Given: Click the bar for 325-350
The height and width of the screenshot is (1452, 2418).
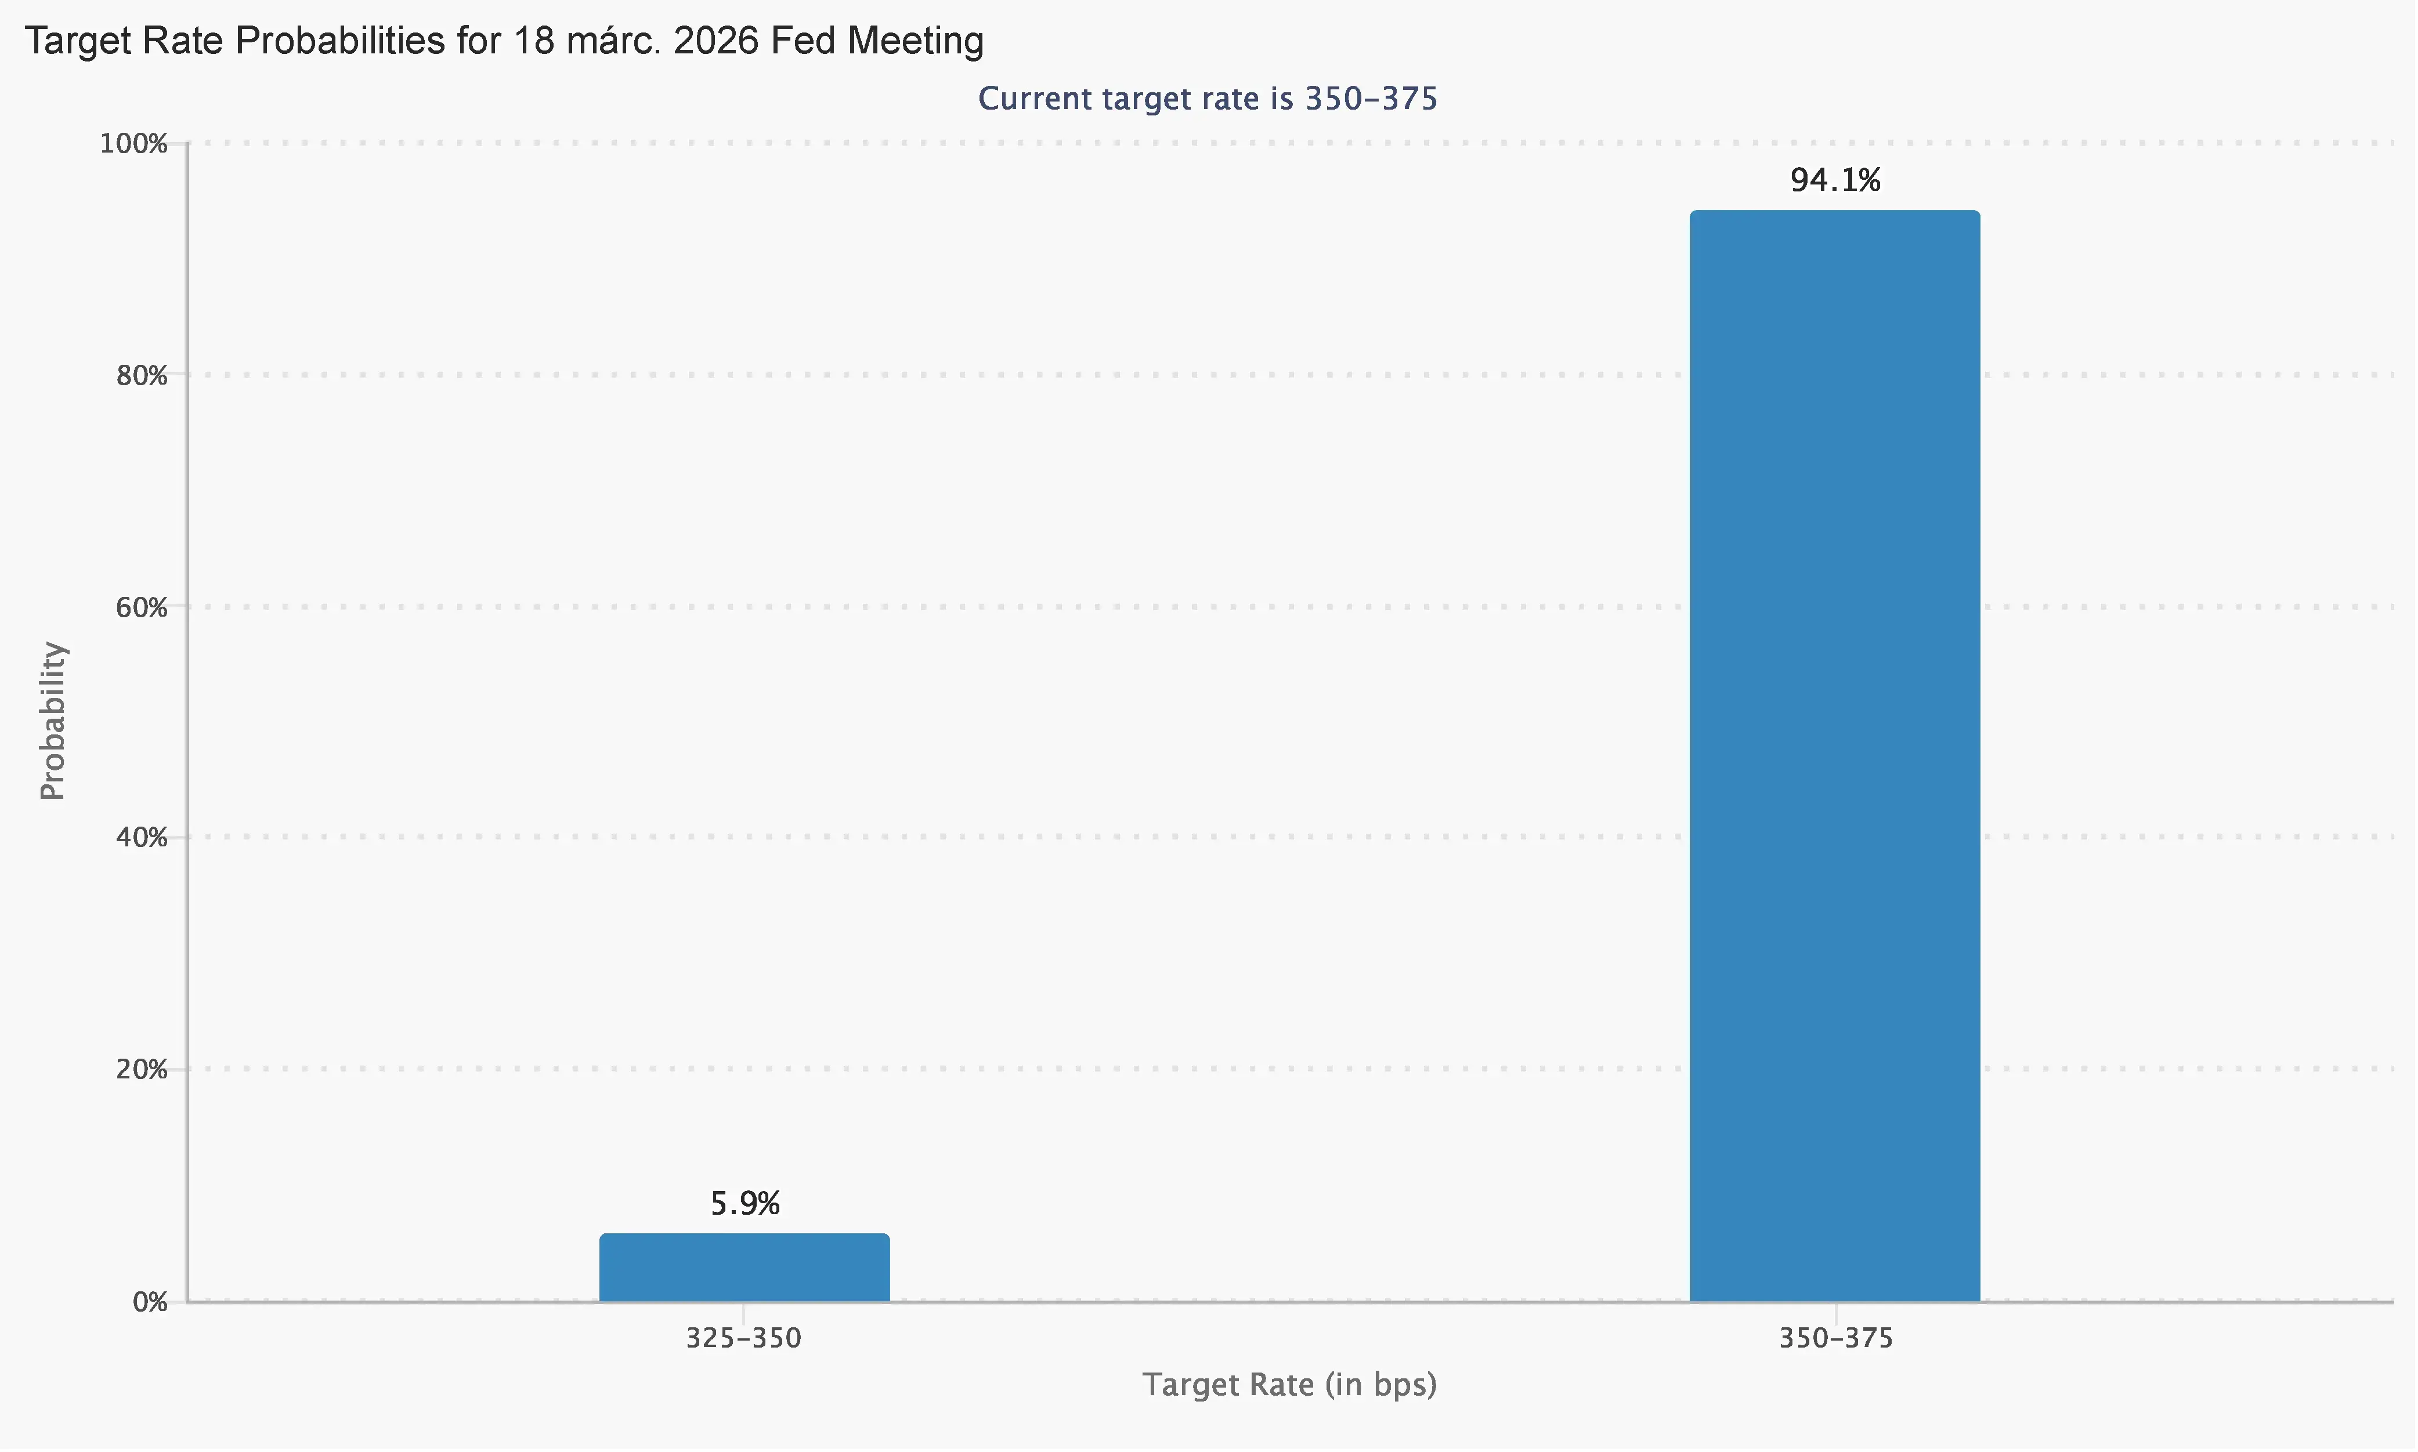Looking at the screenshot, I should coord(744,1268).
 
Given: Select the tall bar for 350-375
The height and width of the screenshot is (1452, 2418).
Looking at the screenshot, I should coord(1835,755).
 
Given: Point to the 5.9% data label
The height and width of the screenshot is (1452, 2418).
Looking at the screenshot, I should coord(744,1204).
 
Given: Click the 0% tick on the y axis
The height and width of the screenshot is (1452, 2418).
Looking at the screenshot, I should coord(150,1302).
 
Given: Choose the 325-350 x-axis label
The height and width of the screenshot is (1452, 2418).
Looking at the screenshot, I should coord(744,1338).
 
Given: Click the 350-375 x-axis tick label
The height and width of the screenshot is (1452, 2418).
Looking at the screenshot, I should coord(1836,1338).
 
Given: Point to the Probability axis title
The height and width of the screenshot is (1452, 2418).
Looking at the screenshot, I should coord(53,721).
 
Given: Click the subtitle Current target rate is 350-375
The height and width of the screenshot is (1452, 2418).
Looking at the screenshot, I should coord(1208,99).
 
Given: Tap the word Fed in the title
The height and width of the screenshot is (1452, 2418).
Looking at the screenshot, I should coord(804,41).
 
